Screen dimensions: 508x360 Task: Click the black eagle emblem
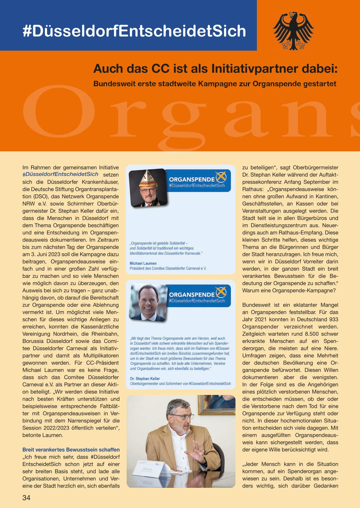pos(293,31)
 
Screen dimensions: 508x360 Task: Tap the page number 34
pos(26,497)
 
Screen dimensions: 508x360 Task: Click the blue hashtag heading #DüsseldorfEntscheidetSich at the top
pos(134,31)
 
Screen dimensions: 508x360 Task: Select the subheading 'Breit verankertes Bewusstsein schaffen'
pos(71,450)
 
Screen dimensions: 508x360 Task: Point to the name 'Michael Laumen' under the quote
pos(143,263)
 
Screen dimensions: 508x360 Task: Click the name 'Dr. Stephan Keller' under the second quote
pos(145,378)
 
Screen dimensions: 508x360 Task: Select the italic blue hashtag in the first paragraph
pos(60,174)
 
